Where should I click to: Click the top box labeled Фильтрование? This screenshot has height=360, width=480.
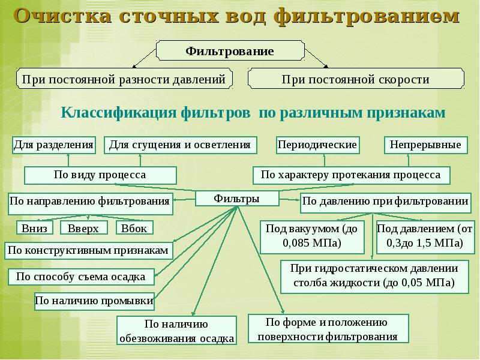pyautogui.click(x=229, y=51)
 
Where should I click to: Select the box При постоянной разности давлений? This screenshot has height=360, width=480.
pyautogui.click(x=123, y=79)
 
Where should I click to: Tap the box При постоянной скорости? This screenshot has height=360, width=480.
pyautogui.click(x=356, y=79)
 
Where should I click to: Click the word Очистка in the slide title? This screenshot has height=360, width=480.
pyautogui.click(x=58, y=16)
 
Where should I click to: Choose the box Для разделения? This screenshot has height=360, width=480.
pyautogui.click(x=54, y=145)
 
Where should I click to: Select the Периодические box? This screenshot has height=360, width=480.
pyautogui.click(x=317, y=145)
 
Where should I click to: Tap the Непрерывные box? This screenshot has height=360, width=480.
pyautogui.click(x=425, y=145)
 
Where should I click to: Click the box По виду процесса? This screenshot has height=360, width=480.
pyautogui.click(x=100, y=175)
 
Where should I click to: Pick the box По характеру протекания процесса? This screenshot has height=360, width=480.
pyautogui.click(x=350, y=175)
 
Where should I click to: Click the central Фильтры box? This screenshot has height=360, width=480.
pyautogui.click(x=237, y=198)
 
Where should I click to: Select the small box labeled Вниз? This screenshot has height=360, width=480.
pyautogui.click(x=34, y=228)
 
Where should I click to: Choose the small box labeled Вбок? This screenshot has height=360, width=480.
pyautogui.click(x=134, y=228)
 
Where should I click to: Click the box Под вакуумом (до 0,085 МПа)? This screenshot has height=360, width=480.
pyautogui.click(x=311, y=236)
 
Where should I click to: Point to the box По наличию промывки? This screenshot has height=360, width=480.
pyautogui.click(x=94, y=300)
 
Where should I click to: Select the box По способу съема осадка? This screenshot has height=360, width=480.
pyautogui.click(x=81, y=277)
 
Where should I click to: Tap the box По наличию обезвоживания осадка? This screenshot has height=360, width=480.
pyautogui.click(x=176, y=331)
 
